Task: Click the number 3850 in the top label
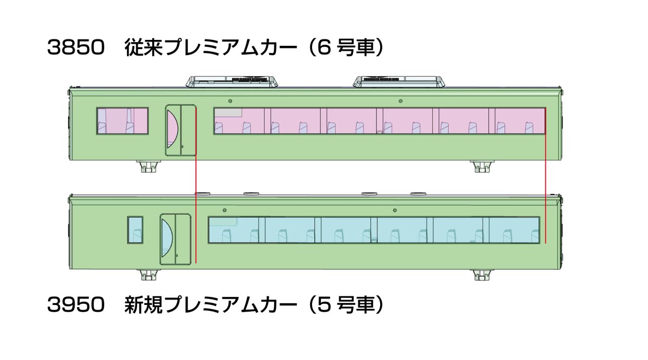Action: [76, 47]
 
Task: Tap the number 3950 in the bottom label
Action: [76, 305]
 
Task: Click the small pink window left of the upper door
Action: [123, 121]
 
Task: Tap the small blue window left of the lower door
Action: [135, 230]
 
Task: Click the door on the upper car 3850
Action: [180, 131]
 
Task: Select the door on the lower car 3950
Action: [175, 240]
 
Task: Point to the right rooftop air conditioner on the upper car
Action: [399, 81]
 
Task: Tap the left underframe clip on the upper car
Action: [148, 167]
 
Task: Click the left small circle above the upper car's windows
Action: [230, 101]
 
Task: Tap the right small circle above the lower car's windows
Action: [395, 210]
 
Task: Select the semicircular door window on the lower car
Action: [167, 238]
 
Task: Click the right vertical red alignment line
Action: [545, 175]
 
